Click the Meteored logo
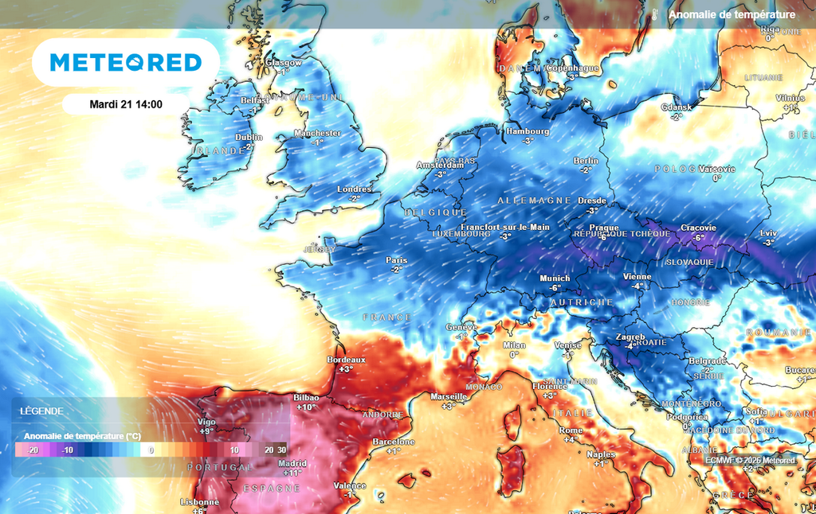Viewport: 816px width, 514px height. (x=126, y=62)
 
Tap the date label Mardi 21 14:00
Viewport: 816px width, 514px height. (x=126, y=104)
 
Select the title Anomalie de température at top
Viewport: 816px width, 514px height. (x=732, y=14)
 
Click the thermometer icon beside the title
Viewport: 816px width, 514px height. (x=653, y=14)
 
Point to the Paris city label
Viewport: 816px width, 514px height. (x=397, y=260)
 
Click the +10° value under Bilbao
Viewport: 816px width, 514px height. (x=306, y=407)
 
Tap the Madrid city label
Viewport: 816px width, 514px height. (x=292, y=463)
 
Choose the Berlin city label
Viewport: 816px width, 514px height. (x=586, y=161)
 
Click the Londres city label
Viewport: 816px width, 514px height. (x=355, y=189)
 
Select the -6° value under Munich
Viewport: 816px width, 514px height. (x=555, y=288)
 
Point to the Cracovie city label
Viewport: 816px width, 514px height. (x=698, y=228)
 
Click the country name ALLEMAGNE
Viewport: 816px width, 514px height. (x=534, y=201)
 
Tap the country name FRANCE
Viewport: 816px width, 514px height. (x=387, y=317)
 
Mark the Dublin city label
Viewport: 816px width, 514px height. (x=249, y=137)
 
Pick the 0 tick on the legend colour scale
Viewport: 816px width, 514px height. (x=151, y=450)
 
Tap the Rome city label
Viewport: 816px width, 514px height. (x=571, y=430)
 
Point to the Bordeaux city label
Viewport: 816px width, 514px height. (x=346, y=360)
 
